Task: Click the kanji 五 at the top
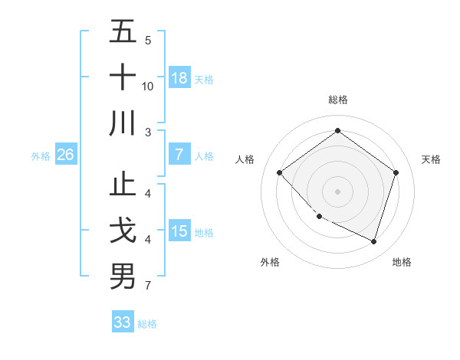point(123,33)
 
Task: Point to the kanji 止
point(123,186)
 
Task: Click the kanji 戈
point(123,231)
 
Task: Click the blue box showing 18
point(179,78)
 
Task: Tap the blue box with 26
point(65,155)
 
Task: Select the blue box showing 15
point(179,231)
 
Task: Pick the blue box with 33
point(123,322)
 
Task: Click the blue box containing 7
point(179,155)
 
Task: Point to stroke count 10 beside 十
point(148,87)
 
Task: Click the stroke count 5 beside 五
point(148,41)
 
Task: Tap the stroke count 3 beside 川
point(148,132)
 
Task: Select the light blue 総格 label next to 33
point(148,324)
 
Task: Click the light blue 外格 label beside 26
point(41,156)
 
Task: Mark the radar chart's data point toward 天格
point(396,172)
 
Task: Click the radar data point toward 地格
point(373,241)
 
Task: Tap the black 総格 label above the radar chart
point(337,100)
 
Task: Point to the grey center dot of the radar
point(337,191)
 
